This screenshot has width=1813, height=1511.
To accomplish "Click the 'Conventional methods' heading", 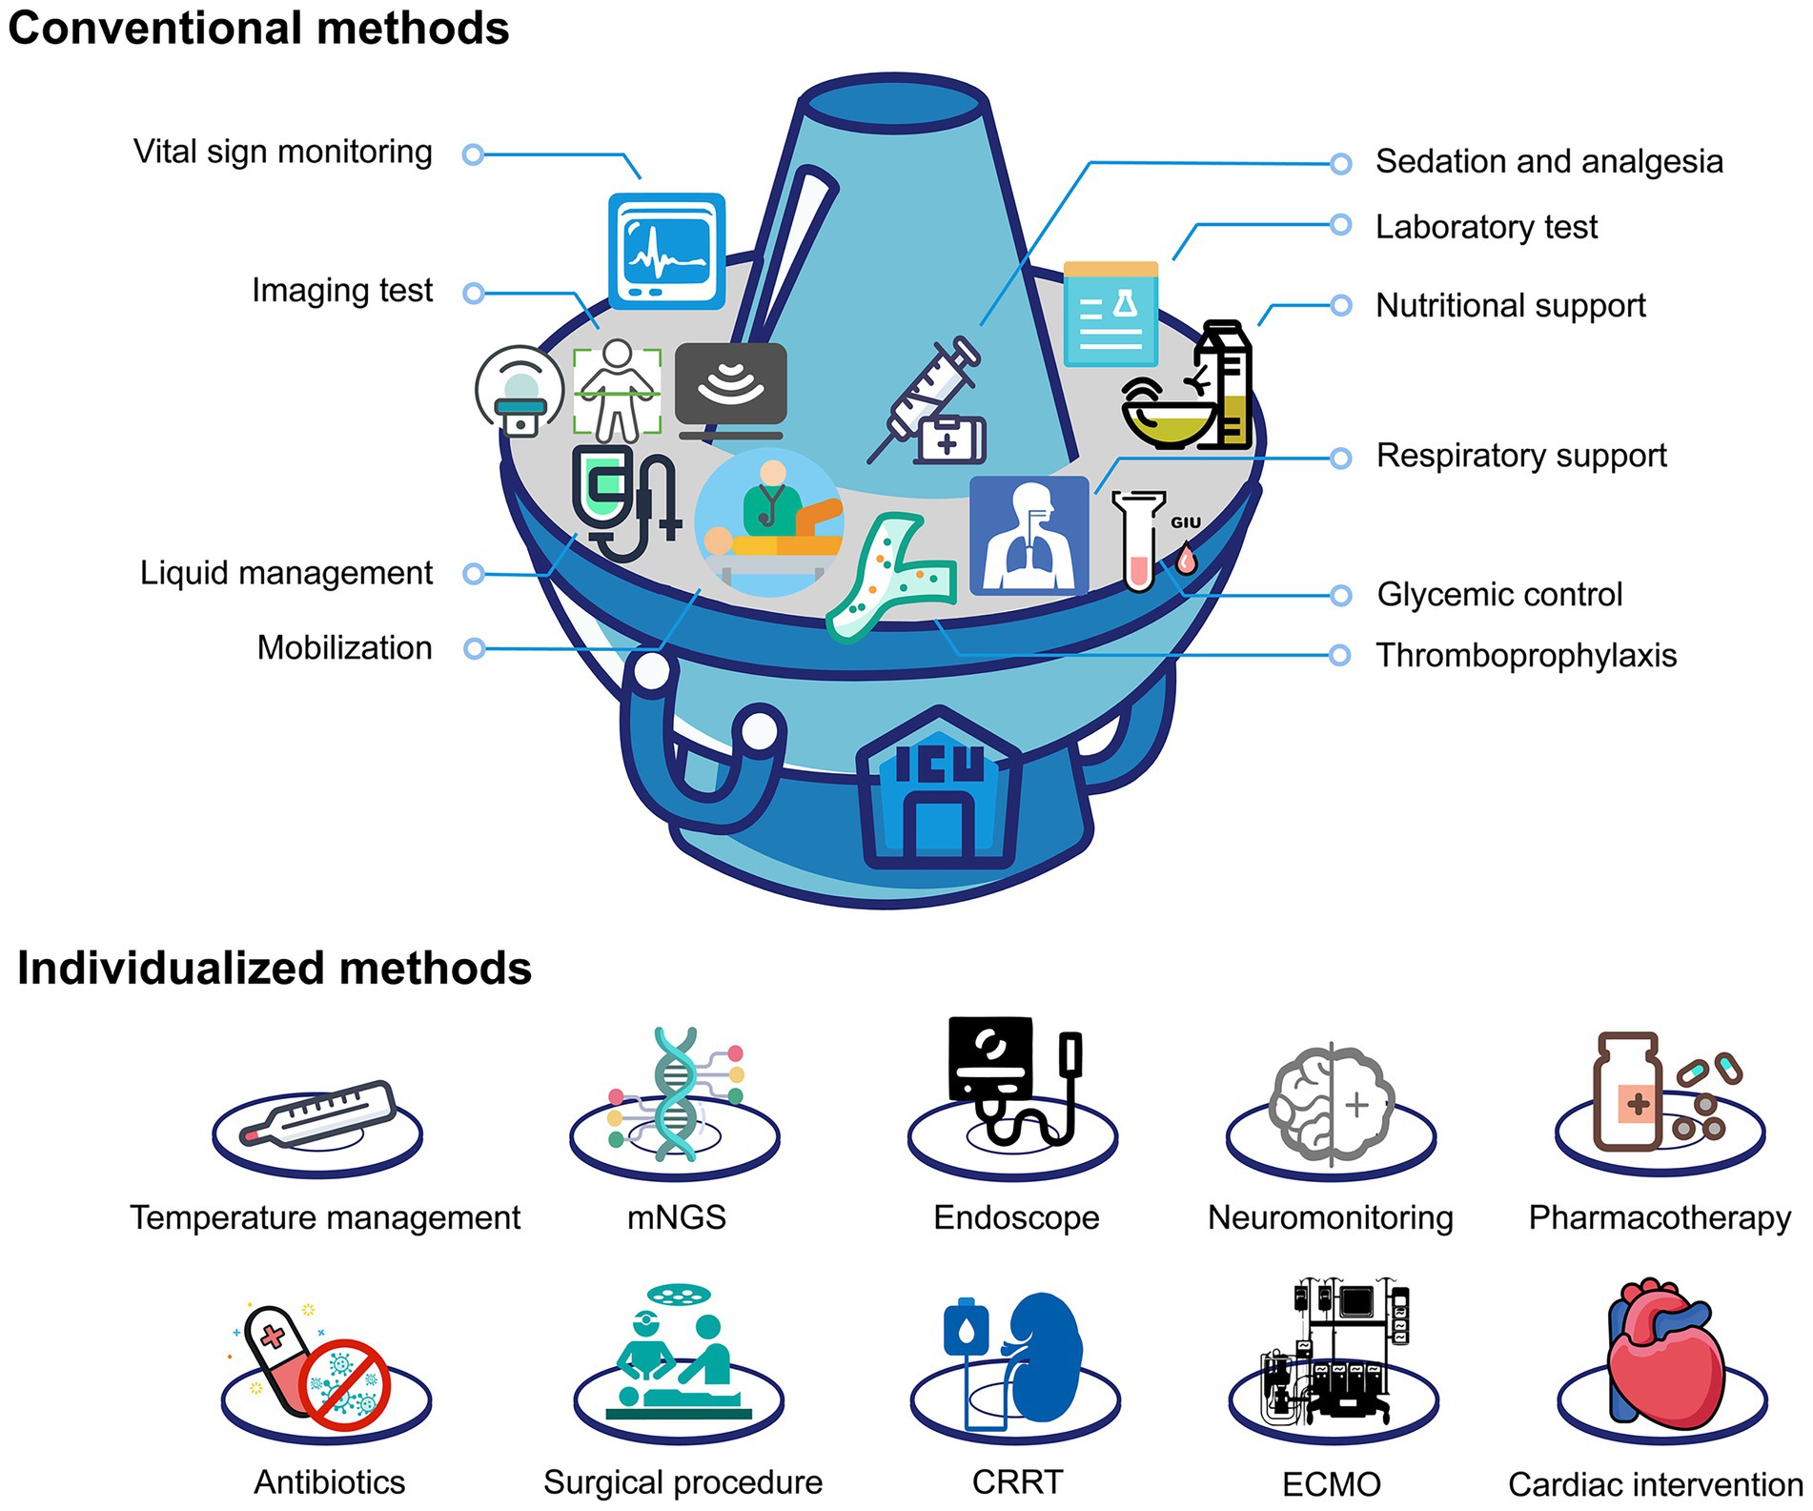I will [258, 28].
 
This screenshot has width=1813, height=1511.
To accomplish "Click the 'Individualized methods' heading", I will [275, 969].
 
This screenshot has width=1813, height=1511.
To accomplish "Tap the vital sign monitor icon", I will [666, 251].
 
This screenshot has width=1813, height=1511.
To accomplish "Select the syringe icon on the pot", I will [923, 400].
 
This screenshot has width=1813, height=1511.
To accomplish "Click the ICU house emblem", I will [939, 790].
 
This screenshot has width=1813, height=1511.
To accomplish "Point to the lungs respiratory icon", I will [1029, 535].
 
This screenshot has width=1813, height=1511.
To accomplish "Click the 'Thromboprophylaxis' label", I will [1526, 656].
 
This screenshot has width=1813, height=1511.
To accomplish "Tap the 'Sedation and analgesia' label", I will [1549, 162].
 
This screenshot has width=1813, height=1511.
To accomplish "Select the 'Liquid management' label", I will [286, 573].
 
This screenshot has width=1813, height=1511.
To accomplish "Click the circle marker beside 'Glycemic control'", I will [1340, 596].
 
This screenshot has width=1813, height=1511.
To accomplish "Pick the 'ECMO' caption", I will [1331, 1484].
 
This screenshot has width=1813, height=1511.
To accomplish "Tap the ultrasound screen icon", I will [730, 385].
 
